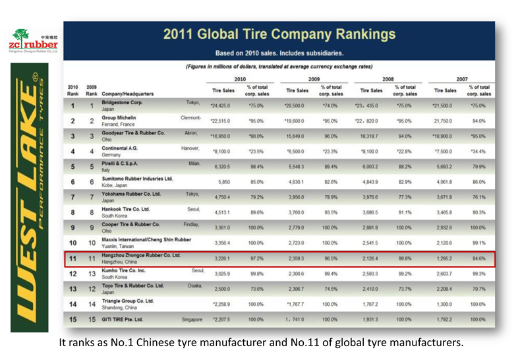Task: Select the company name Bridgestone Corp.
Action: click(x=121, y=103)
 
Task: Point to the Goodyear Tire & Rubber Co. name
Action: click(x=134, y=131)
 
